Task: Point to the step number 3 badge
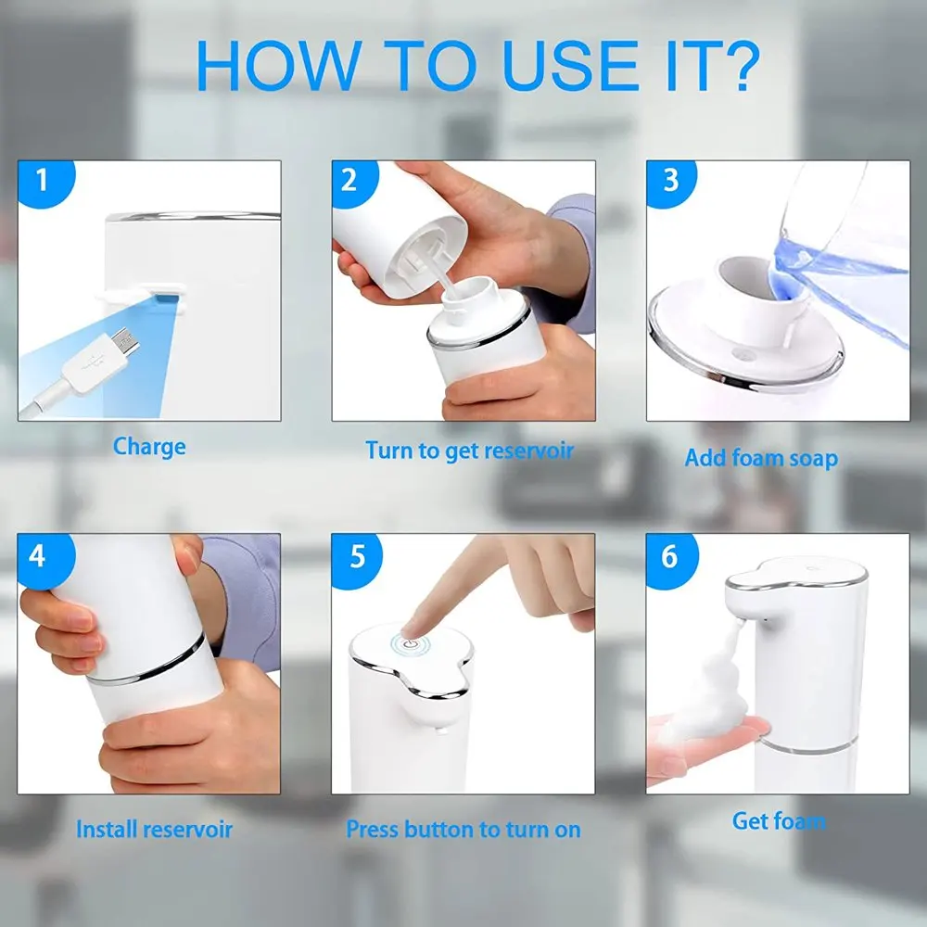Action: [670, 181]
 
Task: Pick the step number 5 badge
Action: [356, 555]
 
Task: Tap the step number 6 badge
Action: [670, 555]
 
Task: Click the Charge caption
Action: [149, 447]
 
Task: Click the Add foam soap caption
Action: [761, 458]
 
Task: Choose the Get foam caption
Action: [779, 821]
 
